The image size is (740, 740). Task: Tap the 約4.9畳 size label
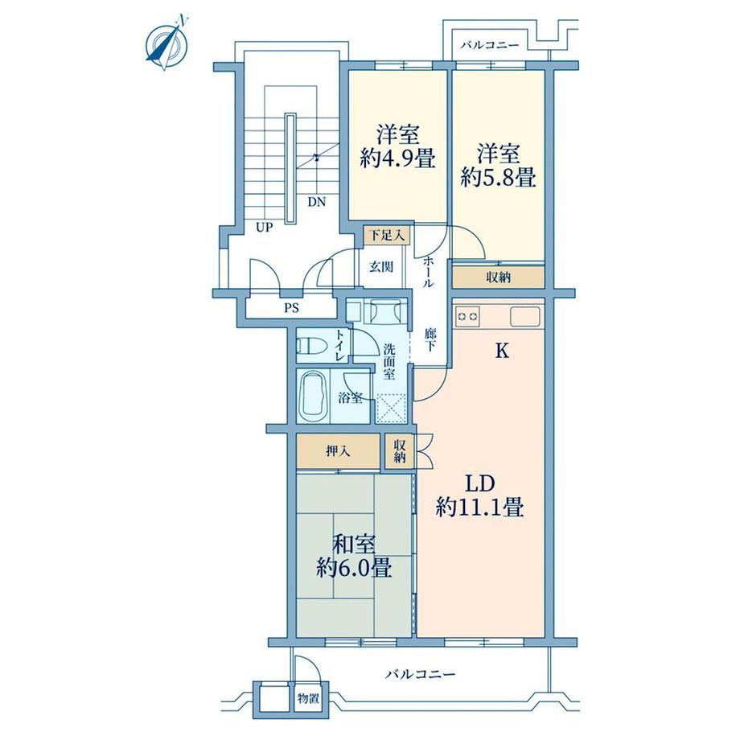397,159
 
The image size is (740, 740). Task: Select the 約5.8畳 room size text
499,178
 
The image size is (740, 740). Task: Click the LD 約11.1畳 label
480,495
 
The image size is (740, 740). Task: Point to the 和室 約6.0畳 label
354,556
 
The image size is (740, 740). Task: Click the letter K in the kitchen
502,351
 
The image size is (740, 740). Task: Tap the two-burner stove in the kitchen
468,316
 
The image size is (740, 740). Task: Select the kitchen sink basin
524,316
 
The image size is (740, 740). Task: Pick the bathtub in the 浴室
314,397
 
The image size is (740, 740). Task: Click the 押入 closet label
339,452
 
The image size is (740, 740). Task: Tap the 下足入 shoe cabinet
387,235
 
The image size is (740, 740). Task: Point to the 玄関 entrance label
380,267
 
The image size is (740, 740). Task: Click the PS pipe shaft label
292,309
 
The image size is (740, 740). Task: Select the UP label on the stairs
265,228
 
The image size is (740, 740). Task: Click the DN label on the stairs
317,203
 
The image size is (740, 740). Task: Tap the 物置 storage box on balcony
309,697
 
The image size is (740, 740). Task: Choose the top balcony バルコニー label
490,45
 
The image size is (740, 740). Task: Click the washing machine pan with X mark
391,409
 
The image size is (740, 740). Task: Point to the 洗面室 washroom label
389,362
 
